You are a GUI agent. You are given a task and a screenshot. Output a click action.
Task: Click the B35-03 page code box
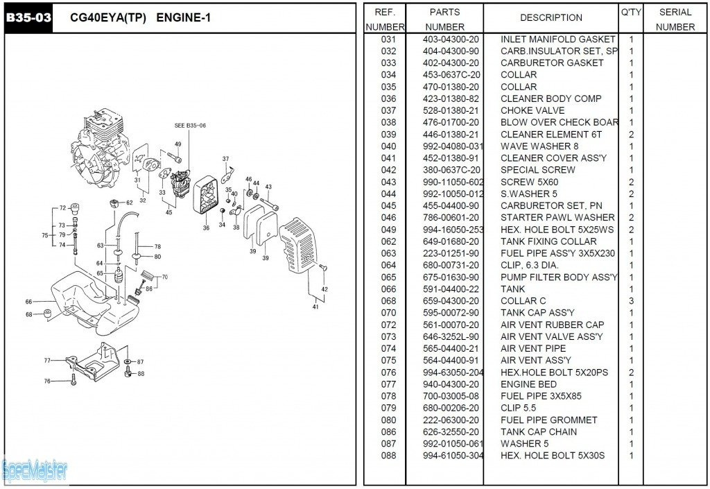[28, 18]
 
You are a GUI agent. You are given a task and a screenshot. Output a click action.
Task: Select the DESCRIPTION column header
[551, 18]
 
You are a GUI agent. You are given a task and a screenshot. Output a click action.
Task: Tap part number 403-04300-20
[451, 40]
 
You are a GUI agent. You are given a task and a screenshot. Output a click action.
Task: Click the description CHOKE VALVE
[532, 111]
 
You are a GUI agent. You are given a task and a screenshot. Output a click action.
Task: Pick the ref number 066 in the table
[388, 289]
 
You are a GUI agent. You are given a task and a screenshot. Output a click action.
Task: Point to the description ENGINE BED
[528, 384]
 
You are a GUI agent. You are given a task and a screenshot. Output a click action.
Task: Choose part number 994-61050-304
[453, 456]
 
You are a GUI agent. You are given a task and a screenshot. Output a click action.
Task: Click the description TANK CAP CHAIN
[538, 432]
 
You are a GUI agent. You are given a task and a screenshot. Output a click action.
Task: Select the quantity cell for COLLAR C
[631, 301]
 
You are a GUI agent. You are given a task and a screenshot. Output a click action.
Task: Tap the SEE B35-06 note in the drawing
[190, 126]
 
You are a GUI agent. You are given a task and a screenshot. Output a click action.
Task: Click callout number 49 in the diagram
[177, 144]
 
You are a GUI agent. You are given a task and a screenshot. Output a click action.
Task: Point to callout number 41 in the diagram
[315, 307]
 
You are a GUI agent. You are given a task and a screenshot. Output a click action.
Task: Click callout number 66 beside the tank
[28, 302]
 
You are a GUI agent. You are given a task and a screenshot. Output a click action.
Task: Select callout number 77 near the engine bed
[47, 361]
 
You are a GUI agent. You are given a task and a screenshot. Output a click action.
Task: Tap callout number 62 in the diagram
[129, 203]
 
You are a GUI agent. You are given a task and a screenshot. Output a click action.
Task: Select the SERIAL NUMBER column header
[675, 19]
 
